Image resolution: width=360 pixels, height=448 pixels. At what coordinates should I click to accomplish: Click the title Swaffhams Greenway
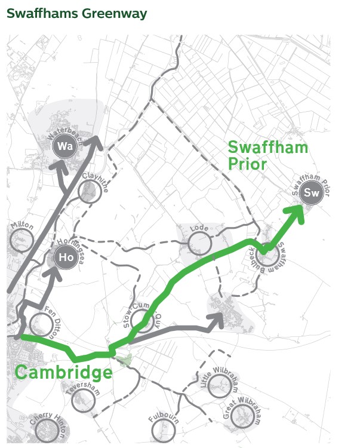click(76, 13)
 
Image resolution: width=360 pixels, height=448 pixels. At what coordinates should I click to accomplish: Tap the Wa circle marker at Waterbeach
click(64, 146)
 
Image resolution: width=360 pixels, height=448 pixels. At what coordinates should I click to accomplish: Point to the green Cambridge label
click(63, 373)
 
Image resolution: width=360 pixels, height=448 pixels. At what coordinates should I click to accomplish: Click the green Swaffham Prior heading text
click(267, 155)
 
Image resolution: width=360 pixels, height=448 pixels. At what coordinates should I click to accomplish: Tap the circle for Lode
click(199, 243)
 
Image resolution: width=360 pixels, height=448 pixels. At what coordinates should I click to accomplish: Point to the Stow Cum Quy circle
click(141, 319)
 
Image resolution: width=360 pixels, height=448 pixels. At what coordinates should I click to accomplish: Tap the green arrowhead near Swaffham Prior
click(297, 212)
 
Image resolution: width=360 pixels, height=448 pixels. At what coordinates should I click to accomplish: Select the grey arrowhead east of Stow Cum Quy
click(216, 320)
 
